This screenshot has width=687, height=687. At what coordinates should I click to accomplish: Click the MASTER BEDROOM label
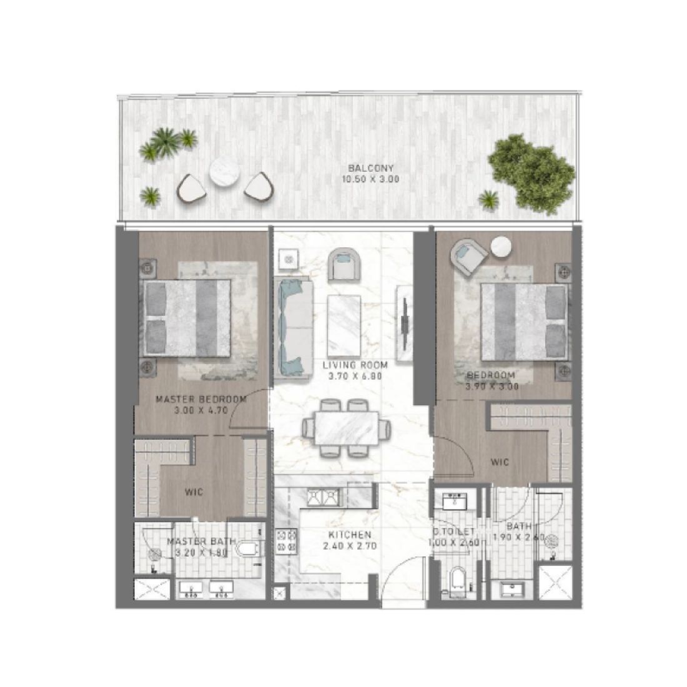200,399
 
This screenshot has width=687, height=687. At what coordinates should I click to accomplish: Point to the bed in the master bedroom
187,315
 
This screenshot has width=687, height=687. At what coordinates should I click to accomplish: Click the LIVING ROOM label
355,365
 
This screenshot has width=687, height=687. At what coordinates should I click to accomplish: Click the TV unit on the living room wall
405,316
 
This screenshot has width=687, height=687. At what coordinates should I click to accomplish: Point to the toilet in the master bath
249,549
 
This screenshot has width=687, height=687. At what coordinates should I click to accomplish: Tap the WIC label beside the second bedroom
500,463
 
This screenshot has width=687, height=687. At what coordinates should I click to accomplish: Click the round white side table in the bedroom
502,248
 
